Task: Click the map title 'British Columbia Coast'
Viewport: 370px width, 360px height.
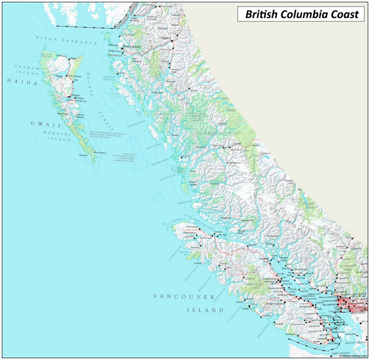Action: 302,14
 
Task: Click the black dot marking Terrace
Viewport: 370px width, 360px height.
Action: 170,41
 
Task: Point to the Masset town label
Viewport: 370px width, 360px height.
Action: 73,58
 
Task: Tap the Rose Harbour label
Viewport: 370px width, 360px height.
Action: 100,152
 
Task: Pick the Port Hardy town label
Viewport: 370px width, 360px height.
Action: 192,227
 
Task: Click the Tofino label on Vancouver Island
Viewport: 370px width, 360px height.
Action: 245,309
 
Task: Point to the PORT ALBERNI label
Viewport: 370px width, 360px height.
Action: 277,303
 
